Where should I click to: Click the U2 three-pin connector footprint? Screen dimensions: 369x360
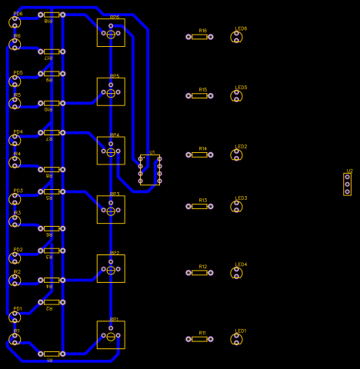(x=347, y=184)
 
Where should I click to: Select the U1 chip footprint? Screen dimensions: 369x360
(x=150, y=170)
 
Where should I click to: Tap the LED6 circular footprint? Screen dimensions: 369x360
(x=236, y=37)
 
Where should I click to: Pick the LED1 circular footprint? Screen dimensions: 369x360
(x=236, y=339)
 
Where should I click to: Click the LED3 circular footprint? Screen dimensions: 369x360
(x=236, y=206)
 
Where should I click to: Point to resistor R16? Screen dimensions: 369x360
(x=199, y=37)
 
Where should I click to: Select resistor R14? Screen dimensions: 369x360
(x=199, y=155)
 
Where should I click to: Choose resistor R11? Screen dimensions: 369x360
(x=199, y=339)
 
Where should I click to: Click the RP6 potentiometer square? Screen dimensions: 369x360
(x=111, y=33)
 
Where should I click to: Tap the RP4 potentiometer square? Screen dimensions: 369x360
(x=111, y=151)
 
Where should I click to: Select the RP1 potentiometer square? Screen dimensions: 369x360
(x=111, y=335)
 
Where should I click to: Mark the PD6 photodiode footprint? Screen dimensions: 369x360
(x=15, y=22)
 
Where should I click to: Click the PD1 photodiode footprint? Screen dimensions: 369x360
(x=15, y=317)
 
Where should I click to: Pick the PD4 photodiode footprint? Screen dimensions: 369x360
(x=15, y=140)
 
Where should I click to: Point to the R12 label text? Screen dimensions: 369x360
(x=202, y=267)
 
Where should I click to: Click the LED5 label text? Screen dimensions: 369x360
(x=241, y=88)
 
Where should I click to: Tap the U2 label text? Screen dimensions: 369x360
(x=349, y=171)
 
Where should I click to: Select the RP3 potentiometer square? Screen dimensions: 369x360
(x=111, y=210)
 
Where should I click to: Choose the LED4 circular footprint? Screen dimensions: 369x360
(x=236, y=273)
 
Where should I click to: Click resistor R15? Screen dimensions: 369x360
(x=199, y=96)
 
